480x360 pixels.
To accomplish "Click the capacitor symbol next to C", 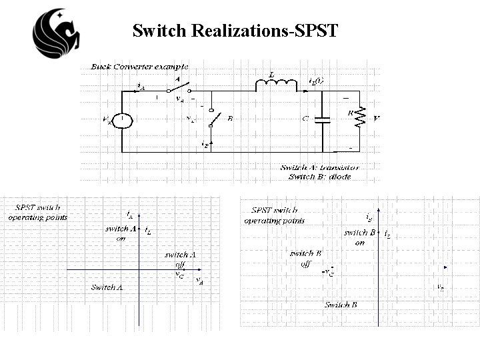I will coord(323,120).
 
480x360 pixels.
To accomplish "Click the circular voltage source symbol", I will coord(123,121).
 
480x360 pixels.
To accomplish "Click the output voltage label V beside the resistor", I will coord(377,120).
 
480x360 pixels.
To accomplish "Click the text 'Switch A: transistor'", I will coord(320,167).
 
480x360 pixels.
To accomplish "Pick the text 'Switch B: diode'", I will coord(319,177).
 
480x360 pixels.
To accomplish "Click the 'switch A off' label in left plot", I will coord(180,259).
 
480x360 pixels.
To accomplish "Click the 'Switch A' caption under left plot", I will coord(107,287).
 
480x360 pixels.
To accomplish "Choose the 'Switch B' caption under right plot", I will coord(341,305).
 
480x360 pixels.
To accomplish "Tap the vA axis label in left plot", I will coord(199,281).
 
